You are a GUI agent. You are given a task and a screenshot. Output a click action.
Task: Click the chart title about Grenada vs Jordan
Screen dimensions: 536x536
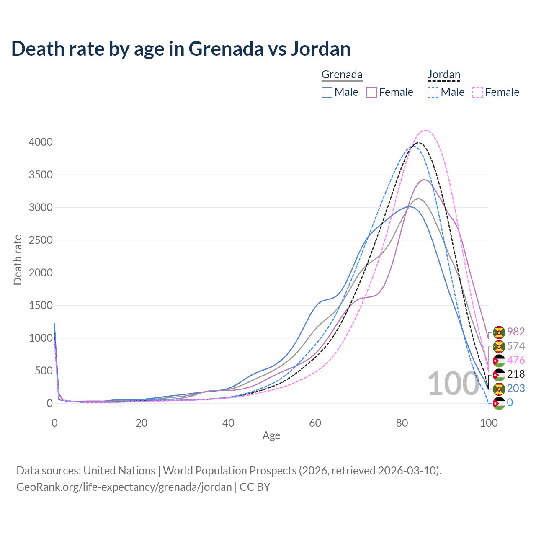(x=180, y=49)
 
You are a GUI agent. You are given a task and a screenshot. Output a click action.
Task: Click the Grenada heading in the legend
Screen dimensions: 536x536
(x=342, y=75)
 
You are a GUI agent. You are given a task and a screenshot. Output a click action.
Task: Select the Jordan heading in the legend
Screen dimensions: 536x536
(x=444, y=75)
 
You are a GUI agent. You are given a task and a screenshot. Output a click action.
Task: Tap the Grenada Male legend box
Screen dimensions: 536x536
(x=327, y=92)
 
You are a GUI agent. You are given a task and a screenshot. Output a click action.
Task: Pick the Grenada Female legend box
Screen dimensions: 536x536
(x=371, y=92)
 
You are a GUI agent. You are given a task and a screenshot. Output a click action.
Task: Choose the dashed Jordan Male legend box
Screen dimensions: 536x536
(x=433, y=92)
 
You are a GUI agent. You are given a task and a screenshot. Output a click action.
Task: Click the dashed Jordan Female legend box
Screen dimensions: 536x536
(x=478, y=92)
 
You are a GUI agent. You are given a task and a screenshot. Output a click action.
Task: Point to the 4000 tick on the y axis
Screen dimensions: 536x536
(x=41, y=142)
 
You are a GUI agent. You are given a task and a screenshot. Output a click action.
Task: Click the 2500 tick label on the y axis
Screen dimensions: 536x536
(x=41, y=240)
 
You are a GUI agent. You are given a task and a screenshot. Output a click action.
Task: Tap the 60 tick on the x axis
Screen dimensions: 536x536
(x=315, y=423)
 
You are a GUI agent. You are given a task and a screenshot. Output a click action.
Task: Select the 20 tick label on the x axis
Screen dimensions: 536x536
(x=142, y=423)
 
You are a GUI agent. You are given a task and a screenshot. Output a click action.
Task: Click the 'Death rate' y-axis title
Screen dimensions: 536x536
(x=18, y=260)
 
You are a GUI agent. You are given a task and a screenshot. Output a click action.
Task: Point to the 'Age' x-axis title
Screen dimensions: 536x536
(x=271, y=436)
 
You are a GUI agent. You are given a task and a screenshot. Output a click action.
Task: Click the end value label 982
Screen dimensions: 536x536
(x=516, y=332)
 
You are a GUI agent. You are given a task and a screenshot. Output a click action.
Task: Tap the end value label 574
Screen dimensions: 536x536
(x=516, y=346)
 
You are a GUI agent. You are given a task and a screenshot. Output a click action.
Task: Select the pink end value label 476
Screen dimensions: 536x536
(x=516, y=360)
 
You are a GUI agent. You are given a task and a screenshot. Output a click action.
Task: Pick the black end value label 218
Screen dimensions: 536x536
(x=516, y=374)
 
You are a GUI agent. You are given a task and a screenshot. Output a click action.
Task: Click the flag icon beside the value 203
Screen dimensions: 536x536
(x=499, y=389)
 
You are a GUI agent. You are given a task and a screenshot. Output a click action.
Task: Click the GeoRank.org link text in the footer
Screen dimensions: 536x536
(x=124, y=487)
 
